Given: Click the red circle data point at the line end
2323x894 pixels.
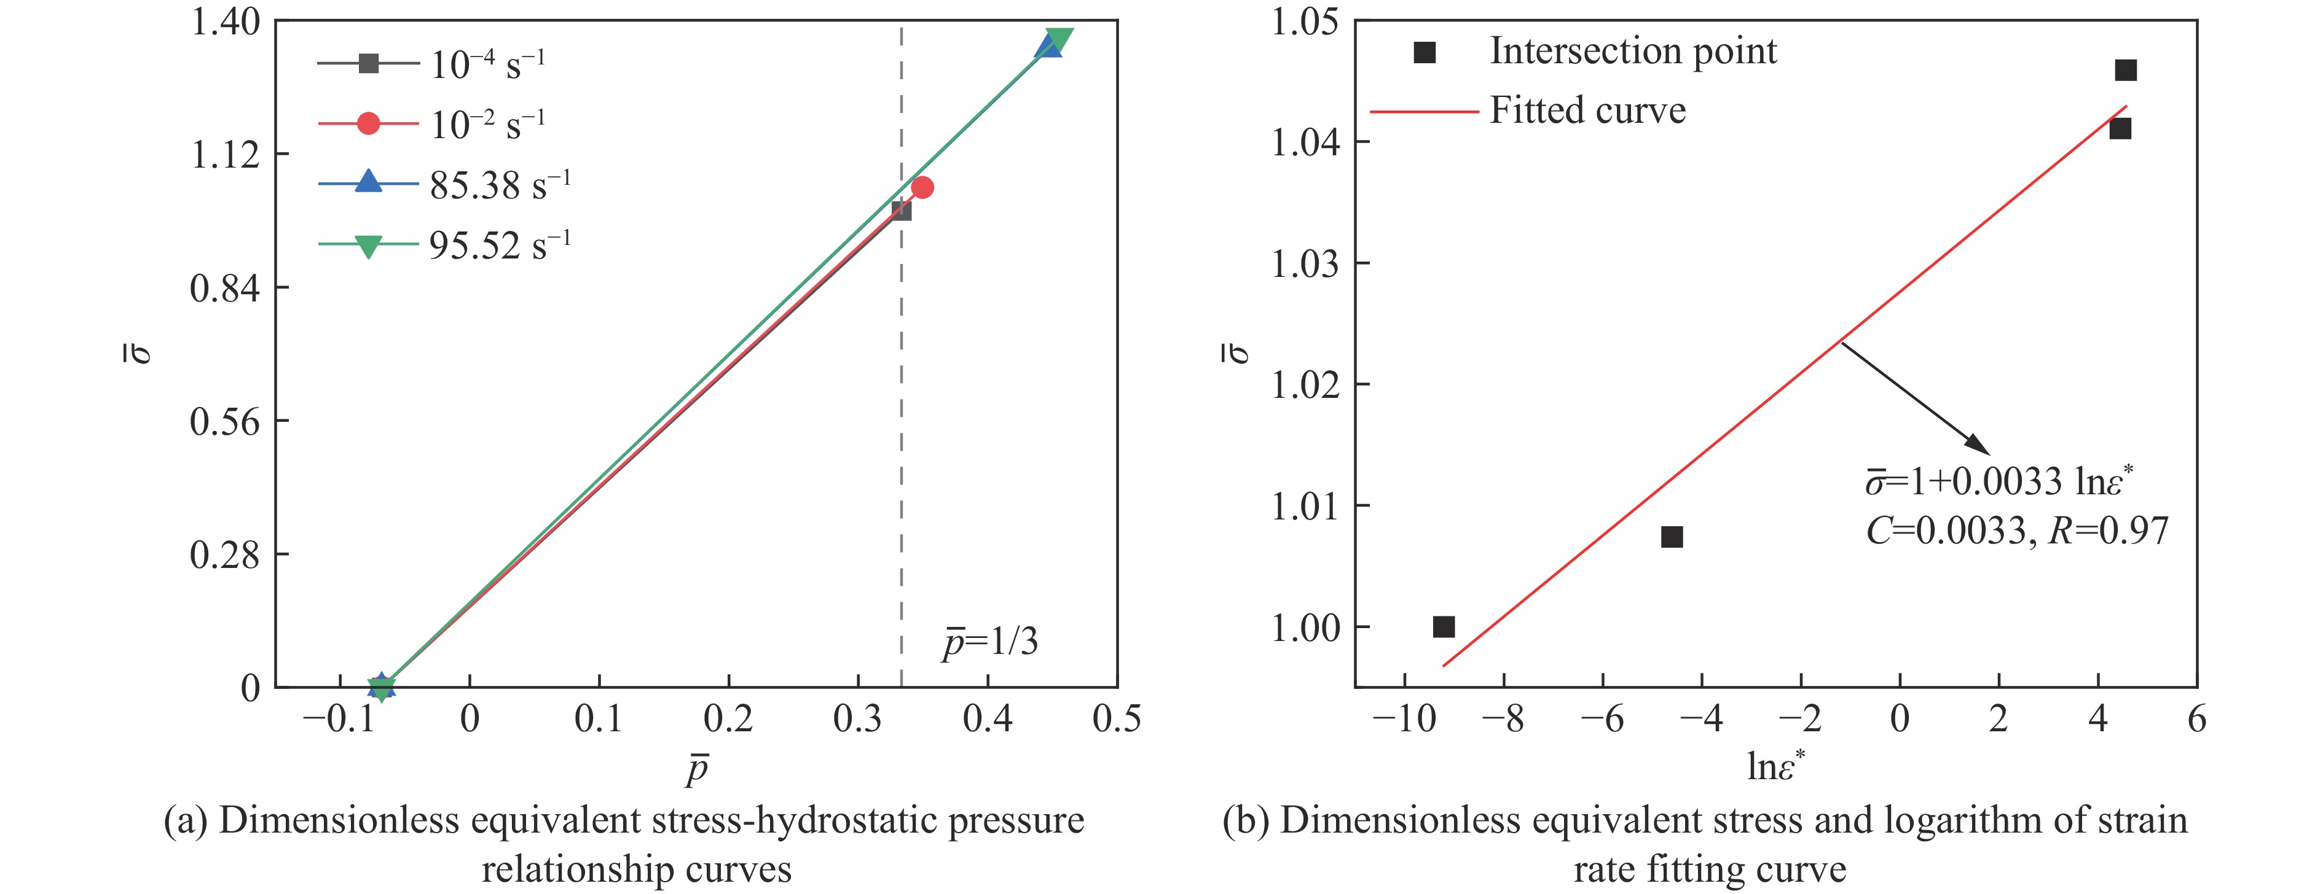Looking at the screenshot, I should point(922,187).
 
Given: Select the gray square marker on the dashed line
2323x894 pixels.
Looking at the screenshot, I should point(901,211).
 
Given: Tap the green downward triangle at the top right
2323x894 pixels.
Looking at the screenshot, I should point(1059,41).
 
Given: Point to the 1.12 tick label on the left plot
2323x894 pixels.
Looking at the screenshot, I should point(226,155).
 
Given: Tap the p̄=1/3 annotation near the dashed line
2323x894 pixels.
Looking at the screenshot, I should point(990,642).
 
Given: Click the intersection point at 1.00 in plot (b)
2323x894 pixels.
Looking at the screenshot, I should point(1444,626).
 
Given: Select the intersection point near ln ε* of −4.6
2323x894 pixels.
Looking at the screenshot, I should point(1672,537).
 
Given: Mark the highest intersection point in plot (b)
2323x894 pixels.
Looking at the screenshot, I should point(2126,70).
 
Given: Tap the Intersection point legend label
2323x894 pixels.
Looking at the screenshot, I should point(1632,52).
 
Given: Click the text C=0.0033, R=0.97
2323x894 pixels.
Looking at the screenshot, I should point(2016,531).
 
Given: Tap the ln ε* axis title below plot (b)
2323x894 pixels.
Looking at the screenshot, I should point(1775,766).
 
